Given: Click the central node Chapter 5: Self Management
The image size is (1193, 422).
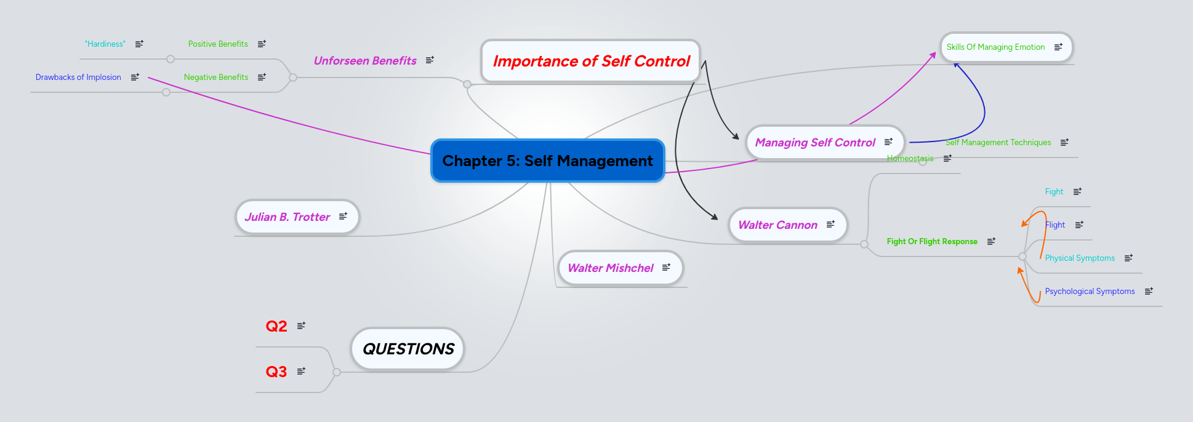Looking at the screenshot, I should (x=547, y=161).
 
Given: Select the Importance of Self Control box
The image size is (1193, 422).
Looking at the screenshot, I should (x=591, y=61).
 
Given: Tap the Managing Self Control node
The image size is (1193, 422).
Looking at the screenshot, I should (x=815, y=142).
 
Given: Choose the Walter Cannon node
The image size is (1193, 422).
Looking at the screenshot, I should (x=777, y=225).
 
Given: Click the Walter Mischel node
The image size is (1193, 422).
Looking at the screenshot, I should (x=610, y=268).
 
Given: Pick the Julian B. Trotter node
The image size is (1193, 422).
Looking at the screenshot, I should (x=287, y=217).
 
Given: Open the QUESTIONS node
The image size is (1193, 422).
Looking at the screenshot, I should (x=408, y=349).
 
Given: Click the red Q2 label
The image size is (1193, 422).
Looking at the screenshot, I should (x=276, y=326).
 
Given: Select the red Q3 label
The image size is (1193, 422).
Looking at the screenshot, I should (x=276, y=372).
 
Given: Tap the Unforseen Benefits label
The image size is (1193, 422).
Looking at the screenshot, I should (x=365, y=60).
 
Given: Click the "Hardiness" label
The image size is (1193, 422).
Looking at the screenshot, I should (x=105, y=44).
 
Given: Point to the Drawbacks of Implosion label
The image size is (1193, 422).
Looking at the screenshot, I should (x=78, y=77).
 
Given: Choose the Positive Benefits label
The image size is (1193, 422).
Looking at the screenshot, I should (x=218, y=44).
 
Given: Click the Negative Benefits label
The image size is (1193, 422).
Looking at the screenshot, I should (x=216, y=77).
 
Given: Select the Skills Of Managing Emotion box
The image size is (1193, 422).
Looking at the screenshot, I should (x=995, y=47).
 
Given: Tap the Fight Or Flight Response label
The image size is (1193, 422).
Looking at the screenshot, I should (x=932, y=241).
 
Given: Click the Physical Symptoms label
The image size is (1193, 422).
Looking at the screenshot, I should (x=1080, y=258).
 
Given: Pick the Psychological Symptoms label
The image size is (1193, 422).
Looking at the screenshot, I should (x=1090, y=291).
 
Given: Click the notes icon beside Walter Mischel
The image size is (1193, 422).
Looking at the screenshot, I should (x=666, y=267).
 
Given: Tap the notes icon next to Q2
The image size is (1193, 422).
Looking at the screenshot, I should (x=301, y=325).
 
